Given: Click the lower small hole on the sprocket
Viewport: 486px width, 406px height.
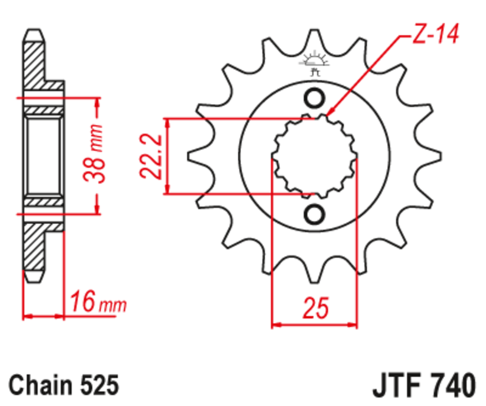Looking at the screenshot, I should [x=315, y=213].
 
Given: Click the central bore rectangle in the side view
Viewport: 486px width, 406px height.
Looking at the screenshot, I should [x=44, y=156].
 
